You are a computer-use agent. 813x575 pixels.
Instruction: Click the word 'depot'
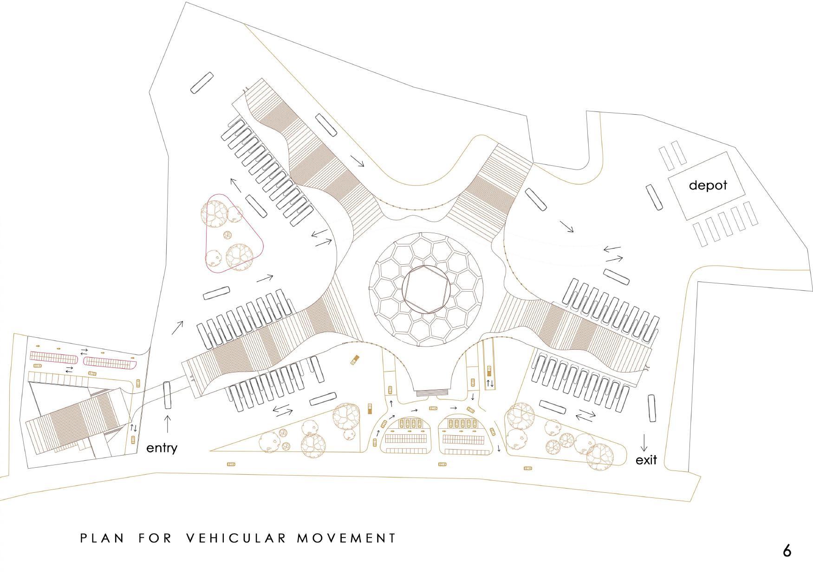point(708,185)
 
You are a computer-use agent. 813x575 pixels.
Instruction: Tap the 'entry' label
point(162,448)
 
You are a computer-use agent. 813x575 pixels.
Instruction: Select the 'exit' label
point(646,460)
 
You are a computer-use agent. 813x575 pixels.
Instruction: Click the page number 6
point(787,551)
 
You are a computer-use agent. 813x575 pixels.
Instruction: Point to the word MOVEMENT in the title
point(346,538)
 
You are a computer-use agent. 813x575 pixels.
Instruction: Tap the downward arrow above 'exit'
point(644,442)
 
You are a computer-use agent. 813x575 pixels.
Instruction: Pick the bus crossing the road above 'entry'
point(167,395)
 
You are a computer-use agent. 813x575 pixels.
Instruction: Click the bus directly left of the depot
point(655,197)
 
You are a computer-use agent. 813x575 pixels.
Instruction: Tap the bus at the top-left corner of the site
point(202,83)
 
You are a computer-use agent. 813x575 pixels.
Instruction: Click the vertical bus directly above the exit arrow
point(652,408)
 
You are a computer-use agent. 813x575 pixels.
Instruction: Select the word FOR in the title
point(155,538)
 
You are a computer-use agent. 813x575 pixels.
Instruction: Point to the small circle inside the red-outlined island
point(228,235)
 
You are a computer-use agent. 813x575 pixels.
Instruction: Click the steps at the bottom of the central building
point(434,393)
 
